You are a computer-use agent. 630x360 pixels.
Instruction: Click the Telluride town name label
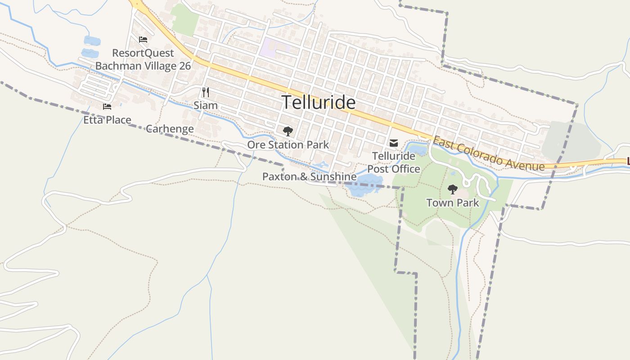(319, 103)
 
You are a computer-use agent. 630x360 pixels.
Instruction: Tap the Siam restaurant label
(206, 106)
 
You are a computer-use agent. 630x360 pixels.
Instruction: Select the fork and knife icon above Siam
(206, 92)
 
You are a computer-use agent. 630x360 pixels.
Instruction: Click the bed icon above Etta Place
(107, 107)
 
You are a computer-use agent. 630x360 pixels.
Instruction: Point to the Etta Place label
(107, 120)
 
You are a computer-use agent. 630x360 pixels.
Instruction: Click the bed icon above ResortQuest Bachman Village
(143, 40)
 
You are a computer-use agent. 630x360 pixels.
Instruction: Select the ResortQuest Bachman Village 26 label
(143, 60)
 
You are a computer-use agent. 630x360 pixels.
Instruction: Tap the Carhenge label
(170, 129)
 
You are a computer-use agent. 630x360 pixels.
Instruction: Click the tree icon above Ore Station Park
(288, 131)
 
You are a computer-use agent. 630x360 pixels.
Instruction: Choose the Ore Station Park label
(288, 145)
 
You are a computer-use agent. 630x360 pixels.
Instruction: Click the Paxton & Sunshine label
(309, 177)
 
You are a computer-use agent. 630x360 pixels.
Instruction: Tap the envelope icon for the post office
(394, 143)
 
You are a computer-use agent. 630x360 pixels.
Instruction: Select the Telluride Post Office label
(394, 162)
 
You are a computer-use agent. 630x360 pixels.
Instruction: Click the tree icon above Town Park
(453, 189)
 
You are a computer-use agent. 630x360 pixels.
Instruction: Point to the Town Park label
(453, 203)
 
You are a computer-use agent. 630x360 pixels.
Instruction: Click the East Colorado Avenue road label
(489, 154)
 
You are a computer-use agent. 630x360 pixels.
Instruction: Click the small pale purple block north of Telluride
(274, 47)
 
